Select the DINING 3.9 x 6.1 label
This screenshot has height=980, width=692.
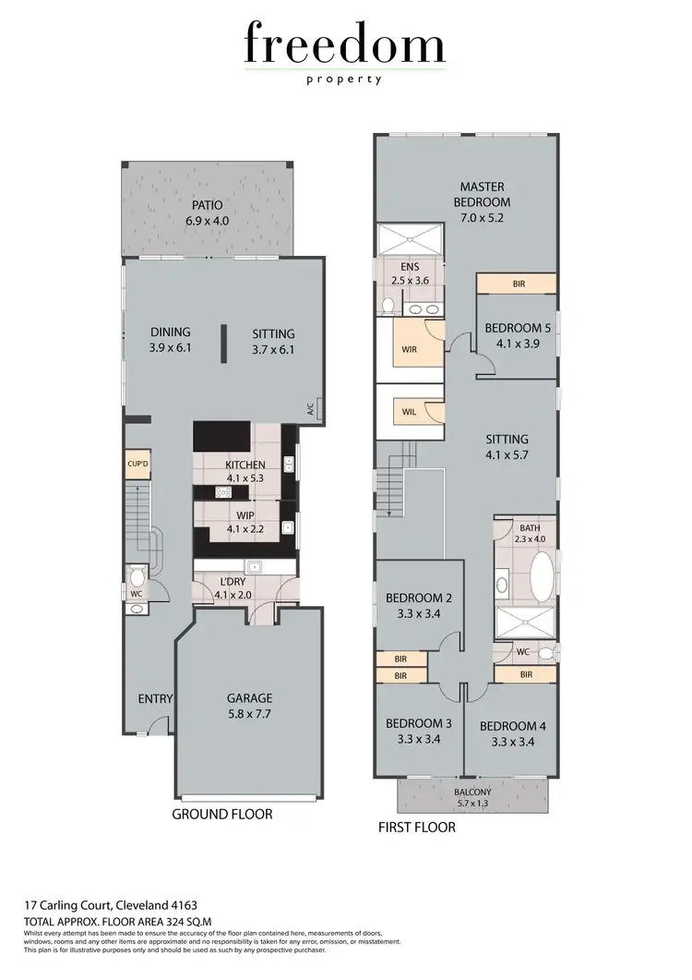click(x=171, y=341)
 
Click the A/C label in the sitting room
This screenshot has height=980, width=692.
click(x=310, y=407)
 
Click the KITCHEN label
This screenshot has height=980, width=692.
click(x=245, y=471)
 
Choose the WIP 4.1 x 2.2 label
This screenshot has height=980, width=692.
click(x=245, y=523)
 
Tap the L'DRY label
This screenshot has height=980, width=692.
click(x=232, y=588)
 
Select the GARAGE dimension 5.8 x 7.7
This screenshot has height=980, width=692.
click(x=249, y=714)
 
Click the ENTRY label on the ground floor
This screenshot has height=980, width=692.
click(x=155, y=699)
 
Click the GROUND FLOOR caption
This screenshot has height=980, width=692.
click(x=222, y=815)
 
